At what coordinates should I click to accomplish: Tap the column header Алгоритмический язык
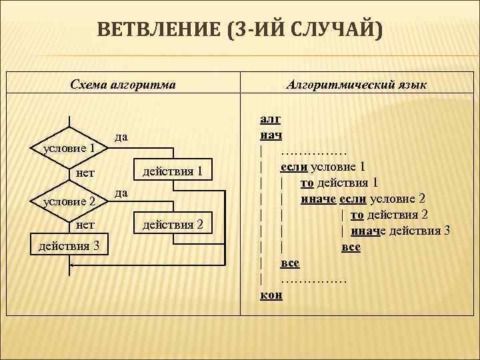click(x=357, y=85)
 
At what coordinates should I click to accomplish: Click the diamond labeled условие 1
click(x=69, y=147)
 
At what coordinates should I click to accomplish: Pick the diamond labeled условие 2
click(x=69, y=201)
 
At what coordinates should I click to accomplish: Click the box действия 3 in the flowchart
click(x=69, y=246)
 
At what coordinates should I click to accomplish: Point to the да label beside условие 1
click(x=121, y=137)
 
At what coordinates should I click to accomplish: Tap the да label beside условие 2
click(x=121, y=192)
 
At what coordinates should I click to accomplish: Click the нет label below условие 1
click(x=85, y=173)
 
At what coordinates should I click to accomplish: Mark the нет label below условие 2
click(x=85, y=225)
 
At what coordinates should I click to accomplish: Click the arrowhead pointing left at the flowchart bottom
click(x=73, y=265)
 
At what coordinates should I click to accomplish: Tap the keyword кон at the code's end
click(x=271, y=294)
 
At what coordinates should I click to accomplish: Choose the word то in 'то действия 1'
click(x=307, y=183)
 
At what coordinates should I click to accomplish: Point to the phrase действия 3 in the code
click(x=420, y=231)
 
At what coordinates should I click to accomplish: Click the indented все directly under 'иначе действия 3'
click(x=351, y=247)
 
